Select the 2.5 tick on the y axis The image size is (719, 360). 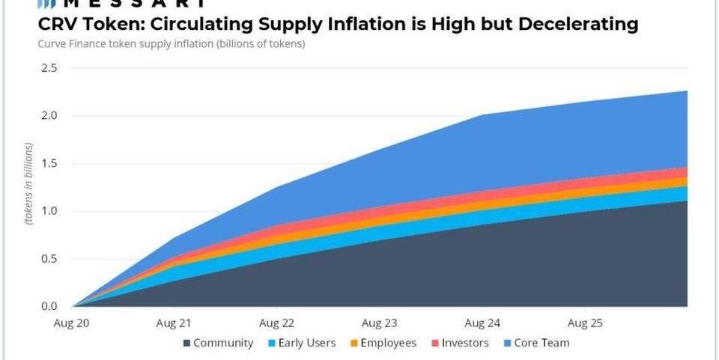49,68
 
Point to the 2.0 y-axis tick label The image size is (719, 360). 49,116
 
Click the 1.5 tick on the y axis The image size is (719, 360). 49,164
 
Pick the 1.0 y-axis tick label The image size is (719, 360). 49,211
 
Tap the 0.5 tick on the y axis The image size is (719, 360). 49,259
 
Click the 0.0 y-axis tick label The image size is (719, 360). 49,306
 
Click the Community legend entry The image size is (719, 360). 222,343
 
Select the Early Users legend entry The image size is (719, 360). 304,343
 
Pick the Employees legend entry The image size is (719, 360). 387,343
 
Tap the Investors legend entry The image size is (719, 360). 464,343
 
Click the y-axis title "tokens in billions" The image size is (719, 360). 28,187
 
